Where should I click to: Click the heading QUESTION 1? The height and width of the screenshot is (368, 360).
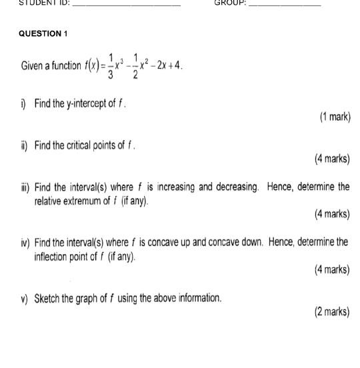tap(44, 33)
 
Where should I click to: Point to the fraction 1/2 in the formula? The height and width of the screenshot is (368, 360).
tap(135, 66)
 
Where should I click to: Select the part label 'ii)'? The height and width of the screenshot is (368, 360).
tap(24, 145)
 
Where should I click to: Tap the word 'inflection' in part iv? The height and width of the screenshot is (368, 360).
tap(53, 255)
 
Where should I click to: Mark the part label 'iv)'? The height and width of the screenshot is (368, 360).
tap(25, 243)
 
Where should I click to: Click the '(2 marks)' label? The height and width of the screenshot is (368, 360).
tap(332, 311)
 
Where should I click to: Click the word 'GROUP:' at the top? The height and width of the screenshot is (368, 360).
tap(230, 3)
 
